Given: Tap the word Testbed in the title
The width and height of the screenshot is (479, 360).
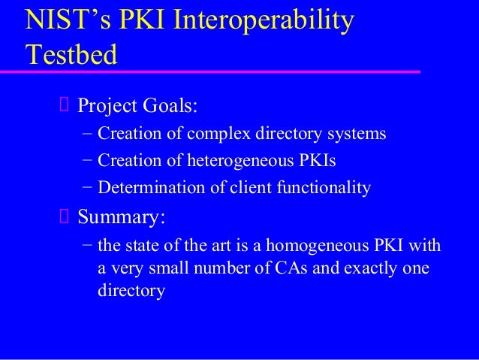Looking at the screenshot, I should click(71, 55).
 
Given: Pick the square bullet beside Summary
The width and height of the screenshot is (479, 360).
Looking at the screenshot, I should click(64, 218).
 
